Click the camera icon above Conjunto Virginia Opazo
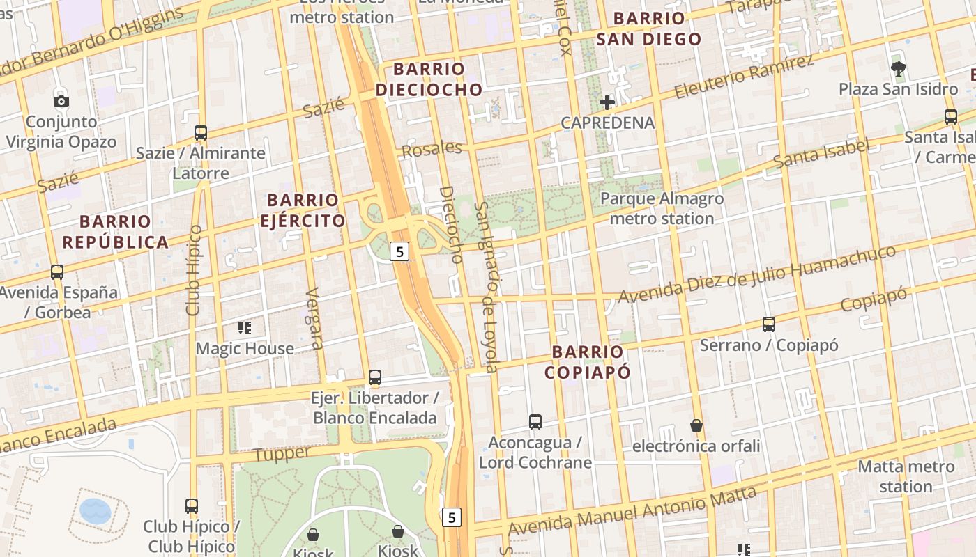61,101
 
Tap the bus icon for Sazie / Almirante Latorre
201,132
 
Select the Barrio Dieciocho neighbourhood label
429,79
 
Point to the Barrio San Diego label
648,29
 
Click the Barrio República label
115,232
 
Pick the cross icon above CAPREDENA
607,102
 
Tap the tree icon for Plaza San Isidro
898,68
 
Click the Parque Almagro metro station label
662,209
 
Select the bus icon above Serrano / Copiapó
768,324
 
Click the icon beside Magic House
244,327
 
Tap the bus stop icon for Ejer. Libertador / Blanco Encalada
375,377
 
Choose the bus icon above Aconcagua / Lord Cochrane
535,422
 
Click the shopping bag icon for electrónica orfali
696,425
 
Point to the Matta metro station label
906,476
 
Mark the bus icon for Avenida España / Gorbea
57,272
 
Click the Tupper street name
282,454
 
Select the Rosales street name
432,149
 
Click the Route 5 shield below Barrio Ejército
399,251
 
